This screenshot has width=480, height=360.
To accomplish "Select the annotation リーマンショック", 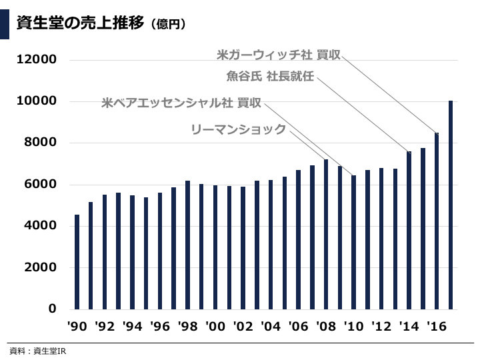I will (238, 129).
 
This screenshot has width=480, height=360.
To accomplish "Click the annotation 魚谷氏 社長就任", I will (270, 78).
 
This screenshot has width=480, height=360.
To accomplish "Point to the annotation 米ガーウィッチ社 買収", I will (279, 54).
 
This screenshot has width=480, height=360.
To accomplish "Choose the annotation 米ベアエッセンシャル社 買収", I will (181, 103).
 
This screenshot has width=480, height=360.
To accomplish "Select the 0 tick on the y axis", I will (52, 309).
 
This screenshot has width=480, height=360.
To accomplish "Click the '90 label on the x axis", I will (77, 327).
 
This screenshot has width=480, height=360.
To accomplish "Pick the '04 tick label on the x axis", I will (271, 327).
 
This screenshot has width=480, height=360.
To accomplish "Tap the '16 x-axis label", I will (437, 327).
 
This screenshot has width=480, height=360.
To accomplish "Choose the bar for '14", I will (409, 231).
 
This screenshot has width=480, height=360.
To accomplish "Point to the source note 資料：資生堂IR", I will (39, 351).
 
